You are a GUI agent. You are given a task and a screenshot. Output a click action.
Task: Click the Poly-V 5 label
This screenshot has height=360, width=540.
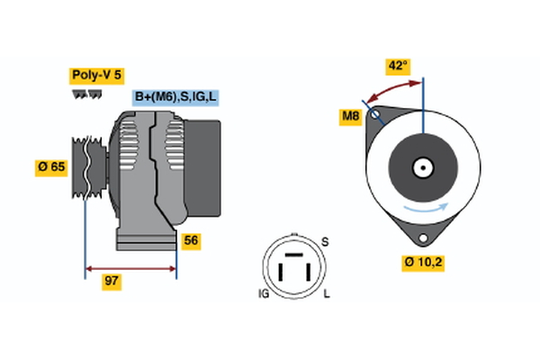click(x=95, y=76)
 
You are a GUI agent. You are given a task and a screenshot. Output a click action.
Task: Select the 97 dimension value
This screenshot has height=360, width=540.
click(x=112, y=282)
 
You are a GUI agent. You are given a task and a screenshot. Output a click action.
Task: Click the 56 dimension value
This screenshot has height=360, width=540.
click(x=191, y=240)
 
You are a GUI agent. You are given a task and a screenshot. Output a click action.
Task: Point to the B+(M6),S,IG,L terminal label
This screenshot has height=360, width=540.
click(x=176, y=97)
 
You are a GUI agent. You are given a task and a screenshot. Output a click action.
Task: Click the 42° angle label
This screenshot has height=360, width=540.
click(x=397, y=66)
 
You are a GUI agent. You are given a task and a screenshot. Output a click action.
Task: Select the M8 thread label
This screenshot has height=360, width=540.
click(x=350, y=115)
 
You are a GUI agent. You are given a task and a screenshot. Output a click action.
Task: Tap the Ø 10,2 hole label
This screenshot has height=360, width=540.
click(x=425, y=263)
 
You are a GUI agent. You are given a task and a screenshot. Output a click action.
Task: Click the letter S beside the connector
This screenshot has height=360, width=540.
click(x=325, y=241)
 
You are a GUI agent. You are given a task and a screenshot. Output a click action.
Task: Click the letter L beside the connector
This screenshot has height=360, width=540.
click(x=327, y=293)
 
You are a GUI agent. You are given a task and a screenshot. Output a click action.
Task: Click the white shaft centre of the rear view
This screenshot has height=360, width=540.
click(x=421, y=167)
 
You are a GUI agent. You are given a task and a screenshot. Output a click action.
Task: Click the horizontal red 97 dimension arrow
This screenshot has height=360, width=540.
click(x=130, y=268)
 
